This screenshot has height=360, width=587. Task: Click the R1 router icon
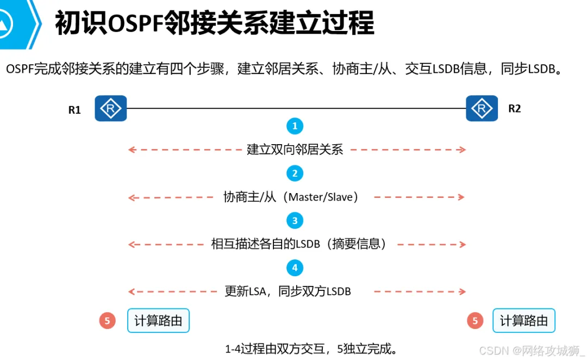[x=111, y=108]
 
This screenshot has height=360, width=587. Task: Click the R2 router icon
[x=482, y=108]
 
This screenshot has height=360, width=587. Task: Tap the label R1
[x=74, y=110]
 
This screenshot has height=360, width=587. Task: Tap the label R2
[x=514, y=109]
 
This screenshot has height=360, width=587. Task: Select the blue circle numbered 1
[x=295, y=126]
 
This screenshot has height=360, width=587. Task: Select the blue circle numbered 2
[x=295, y=173]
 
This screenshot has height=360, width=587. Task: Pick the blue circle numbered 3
[x=295, y=220]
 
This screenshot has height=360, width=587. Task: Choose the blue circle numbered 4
[x=295, y=268]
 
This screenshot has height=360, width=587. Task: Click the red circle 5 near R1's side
[x=107, y=321]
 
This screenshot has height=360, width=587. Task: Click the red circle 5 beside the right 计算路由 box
[x=475, y=321]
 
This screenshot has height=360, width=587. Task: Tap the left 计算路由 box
[x=158, y=321]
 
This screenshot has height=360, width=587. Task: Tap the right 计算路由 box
[x=524, y=321]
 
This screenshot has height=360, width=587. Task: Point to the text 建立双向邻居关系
[x=295, y=150]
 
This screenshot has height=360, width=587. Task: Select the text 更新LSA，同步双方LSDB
[x=288, y=291]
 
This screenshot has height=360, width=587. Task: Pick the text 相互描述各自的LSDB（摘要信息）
[x=301, y=244]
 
